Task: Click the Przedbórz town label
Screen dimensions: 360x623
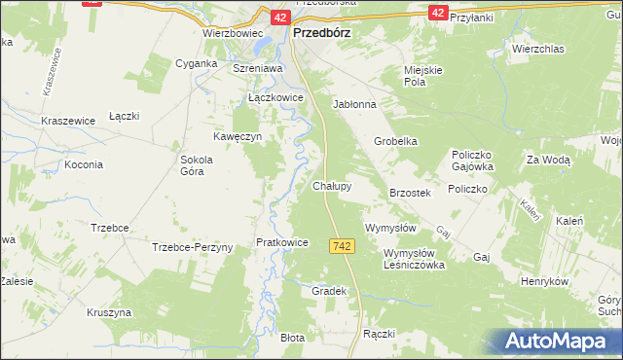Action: point(322,31)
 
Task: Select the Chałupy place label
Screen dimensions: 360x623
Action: point(332,185)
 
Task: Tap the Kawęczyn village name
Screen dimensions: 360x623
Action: point(238,136)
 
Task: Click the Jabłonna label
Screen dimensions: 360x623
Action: point(354,103)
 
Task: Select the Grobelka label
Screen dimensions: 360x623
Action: point(396,141)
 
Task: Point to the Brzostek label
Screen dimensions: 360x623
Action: point(410,194)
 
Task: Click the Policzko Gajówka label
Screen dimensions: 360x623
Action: point(476,161)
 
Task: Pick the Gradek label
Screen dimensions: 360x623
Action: point(329,291)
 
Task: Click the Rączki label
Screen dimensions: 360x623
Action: point(378,334)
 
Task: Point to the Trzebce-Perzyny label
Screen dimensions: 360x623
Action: point(193,247)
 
